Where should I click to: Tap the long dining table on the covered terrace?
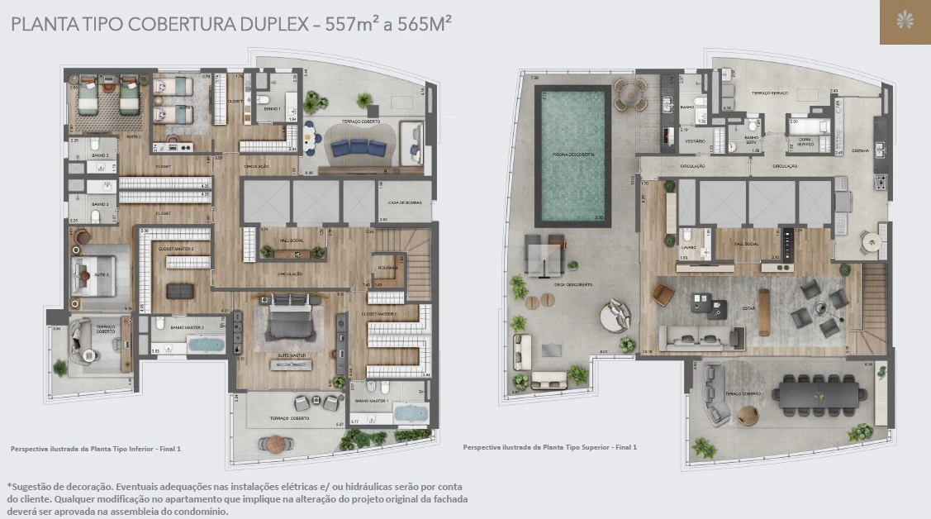click(x=816, y=393)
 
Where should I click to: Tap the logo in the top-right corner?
click(x=905, y=21)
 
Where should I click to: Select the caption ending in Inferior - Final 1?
click(x=95, y=449)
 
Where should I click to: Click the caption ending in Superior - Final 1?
click(x=549, y=447)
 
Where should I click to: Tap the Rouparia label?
click(x=387, y=268)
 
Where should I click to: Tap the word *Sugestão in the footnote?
click(x=31, y=487)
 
